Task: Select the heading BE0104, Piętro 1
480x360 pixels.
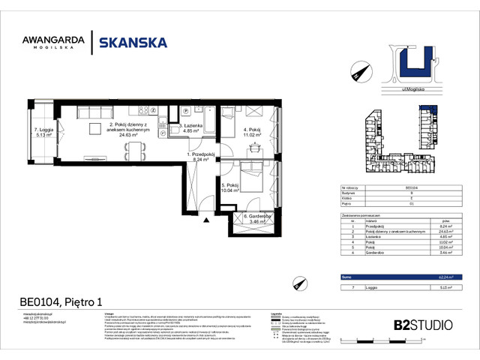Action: [x=61, y=303]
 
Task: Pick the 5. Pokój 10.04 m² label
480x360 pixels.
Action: [x=230, y=187]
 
